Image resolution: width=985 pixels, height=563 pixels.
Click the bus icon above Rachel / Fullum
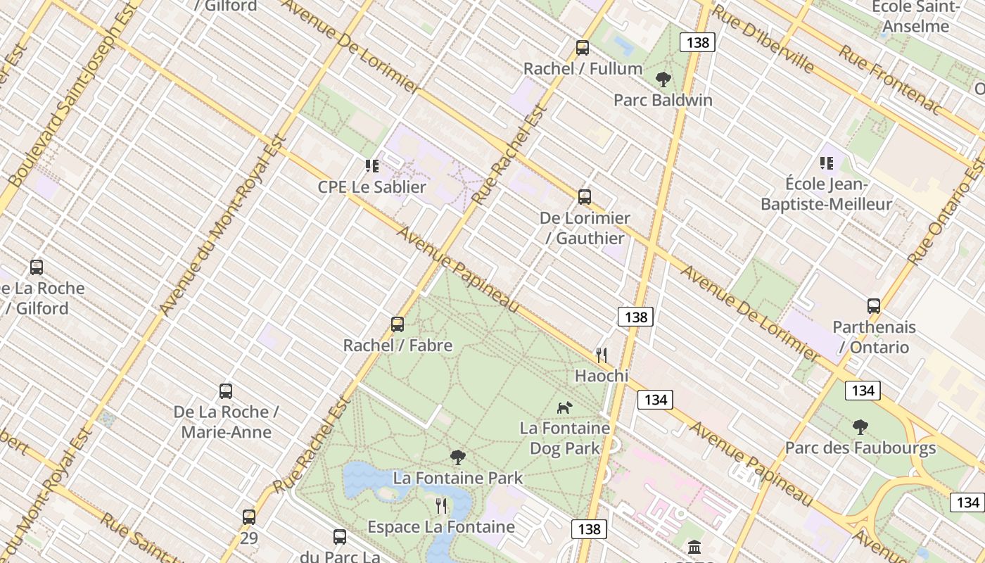pyautogui.click(x=583, y=48)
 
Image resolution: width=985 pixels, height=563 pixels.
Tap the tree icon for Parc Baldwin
pyautogui.click(x=663, y=80)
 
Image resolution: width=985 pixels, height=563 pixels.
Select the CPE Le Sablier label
pyautogui.click(x=371, y=186)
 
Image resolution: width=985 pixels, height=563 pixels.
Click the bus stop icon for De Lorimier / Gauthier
pyautogui.click(x=585, y=197)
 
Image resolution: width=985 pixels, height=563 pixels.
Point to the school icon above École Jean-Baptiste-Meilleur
pyautogui.click(x=827, y=163)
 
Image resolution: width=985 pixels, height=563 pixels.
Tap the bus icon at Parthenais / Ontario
pyautogui.click(x=874, y=306)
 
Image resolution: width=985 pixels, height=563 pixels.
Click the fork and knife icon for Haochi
pyautogui.click(x=602, y=355)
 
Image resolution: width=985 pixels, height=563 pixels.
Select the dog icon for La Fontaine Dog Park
pyautogui.click(x=565, y=407)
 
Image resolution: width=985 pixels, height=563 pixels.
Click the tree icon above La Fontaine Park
pyautogui.click(x=458, y=457)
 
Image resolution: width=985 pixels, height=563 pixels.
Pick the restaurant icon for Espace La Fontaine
pyautogui.click(x=441, y=506)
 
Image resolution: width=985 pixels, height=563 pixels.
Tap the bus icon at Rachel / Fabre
pyautogui.click(x=398, y=324)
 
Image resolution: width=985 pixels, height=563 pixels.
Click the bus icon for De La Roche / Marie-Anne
pyautogui.click(x=226, y=391)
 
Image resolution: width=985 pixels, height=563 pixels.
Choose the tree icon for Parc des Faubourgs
pyautogui.click(x=860, y=427)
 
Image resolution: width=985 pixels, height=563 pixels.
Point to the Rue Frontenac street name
pyautogui.click(x=889, y=80)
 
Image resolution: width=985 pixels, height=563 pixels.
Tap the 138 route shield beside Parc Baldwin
pyautogui.click(x=697, y=43)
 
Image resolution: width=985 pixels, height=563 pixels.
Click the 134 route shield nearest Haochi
pyautogui.click(x=655, y=400)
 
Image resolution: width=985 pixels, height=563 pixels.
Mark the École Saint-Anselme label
pyautogui.click(x=915, y=17)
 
